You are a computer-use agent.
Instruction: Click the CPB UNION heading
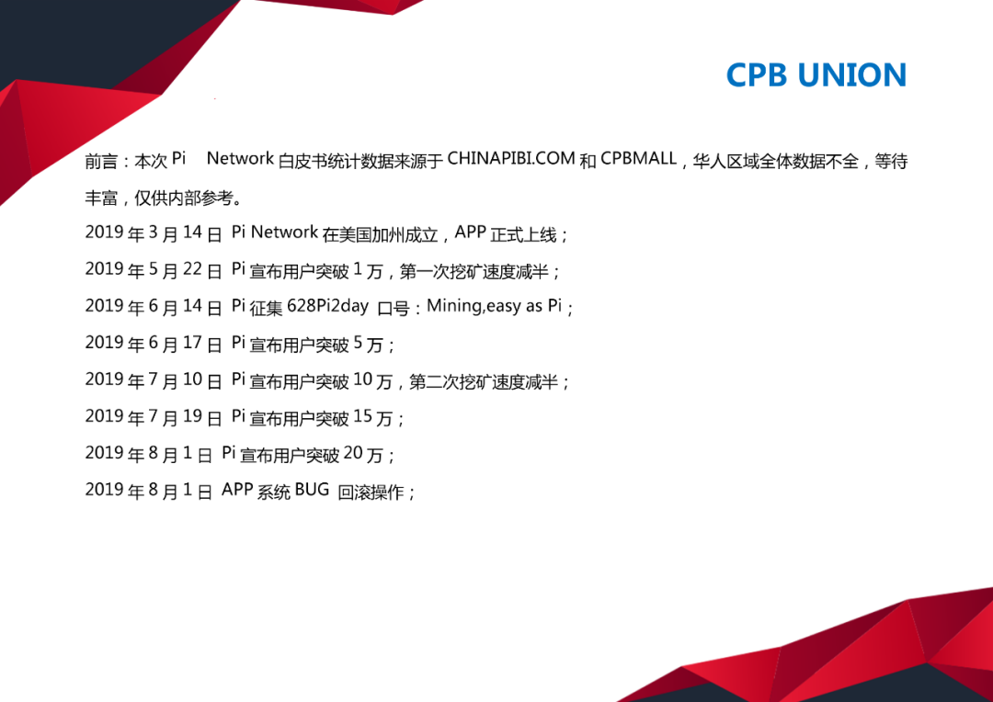(x=816, y=74)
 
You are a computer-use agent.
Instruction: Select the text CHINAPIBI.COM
(x=511, y=158)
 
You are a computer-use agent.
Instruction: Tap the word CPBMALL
(x=638, y=158)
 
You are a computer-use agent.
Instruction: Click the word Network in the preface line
(x=240, y=158)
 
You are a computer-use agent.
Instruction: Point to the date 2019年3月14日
(x=154, y=233)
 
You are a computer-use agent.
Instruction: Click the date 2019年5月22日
(x=154, y=269)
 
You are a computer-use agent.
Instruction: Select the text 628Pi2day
(x=327, y=306)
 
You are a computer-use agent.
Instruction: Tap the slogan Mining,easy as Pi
(x=494, y=306)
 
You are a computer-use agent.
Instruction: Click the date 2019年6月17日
(x=154, y=343)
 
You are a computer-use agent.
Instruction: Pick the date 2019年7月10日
(x=154, y=379)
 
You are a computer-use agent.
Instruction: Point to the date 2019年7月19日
(x=154, y=416)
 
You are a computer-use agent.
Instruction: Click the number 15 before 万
(x=362, y=416)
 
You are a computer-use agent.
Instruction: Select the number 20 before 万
(x=353, y=453)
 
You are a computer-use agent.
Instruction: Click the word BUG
(x=312, y=490)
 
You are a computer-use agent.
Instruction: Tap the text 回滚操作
(x=371, y=492)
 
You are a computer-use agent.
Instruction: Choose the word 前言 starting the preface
(x=101, y=161)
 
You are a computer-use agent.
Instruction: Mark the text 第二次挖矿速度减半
(x=484, y=381)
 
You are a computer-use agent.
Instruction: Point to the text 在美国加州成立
(x=380, y=234)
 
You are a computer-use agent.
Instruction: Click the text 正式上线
(x=523, y=234)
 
